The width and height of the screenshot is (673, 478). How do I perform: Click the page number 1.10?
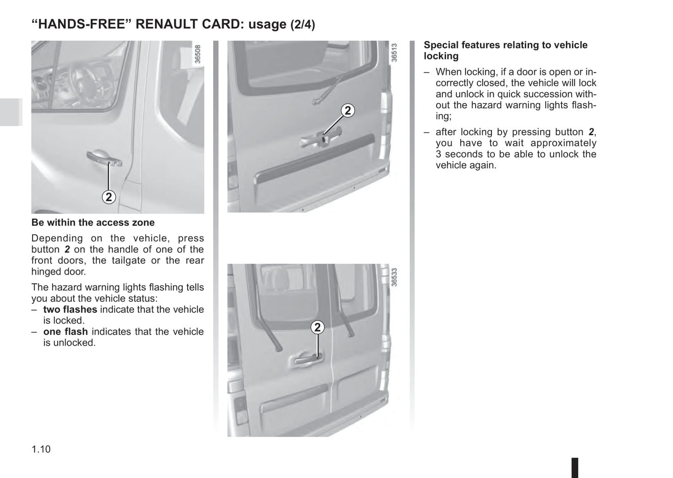pos(41,449)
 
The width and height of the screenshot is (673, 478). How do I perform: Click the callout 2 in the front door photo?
pos(109,197)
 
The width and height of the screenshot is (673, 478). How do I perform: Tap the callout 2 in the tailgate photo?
pos(347,110)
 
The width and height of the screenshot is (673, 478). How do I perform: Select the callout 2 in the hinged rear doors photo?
pos(318,328)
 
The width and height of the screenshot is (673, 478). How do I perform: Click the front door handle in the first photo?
pos(104,158)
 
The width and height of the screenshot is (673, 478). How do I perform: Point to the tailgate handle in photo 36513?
pos(321,138)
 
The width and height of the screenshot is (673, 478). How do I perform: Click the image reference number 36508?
pos(198,54)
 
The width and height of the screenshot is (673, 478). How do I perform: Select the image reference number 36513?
pos(394,53)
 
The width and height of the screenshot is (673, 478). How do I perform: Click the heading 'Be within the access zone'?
pos(93,223)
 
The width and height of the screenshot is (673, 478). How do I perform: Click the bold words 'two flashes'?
pos(70,309)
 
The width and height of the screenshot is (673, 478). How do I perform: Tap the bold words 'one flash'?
pos(65,332)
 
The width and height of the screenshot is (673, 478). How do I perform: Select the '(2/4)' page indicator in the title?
pos(303,25)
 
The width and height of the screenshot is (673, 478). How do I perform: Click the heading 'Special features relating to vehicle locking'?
pos(505,50)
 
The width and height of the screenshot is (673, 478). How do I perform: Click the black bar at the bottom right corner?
pos(575,467)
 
